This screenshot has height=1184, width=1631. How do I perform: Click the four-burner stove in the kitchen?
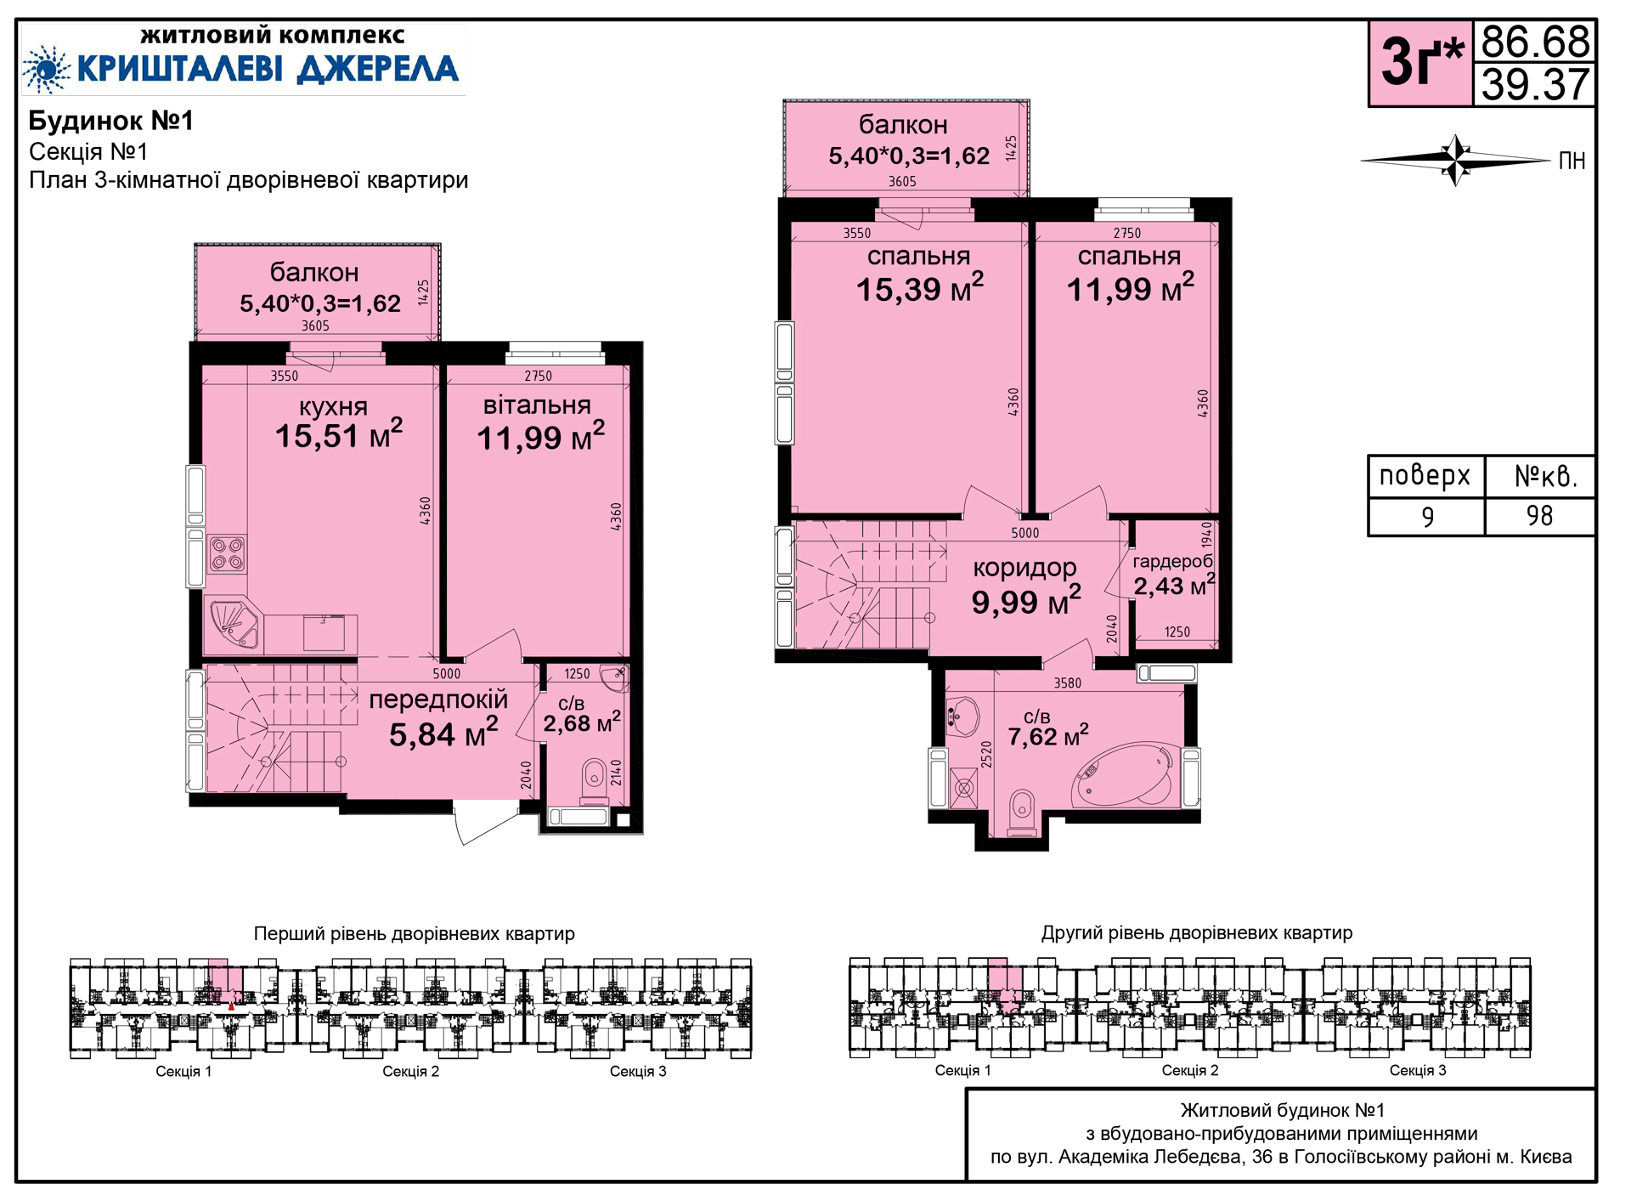click(228, 553)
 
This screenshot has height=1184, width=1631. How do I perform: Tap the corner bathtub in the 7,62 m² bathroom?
click(1126, 775)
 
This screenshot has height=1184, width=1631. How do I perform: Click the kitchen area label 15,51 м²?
click(339, 434)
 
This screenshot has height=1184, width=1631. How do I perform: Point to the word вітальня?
click(537, 405)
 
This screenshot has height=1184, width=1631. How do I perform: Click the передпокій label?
click(438, 700)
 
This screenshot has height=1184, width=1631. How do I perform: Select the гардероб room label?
click(1173, 561)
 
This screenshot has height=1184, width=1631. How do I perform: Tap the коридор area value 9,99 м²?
click(1026, 602)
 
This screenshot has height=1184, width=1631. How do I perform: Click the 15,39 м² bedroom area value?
click(920, 288)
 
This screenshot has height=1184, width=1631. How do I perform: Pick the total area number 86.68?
click(1535, 41)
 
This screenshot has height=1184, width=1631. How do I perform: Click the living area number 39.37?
click(1535, 84)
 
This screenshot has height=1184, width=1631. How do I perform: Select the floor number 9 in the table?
click(1427, 517)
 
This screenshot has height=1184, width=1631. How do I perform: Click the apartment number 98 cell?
click(1539, 516)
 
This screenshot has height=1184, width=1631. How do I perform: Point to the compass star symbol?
click(1457, 160)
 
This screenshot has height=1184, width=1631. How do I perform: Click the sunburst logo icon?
click(46, 69)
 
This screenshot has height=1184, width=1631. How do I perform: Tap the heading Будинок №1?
click(111, 121)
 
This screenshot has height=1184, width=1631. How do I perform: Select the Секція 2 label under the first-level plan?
click(411, 1071)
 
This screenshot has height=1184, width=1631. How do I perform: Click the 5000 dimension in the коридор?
click(1025, 533)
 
